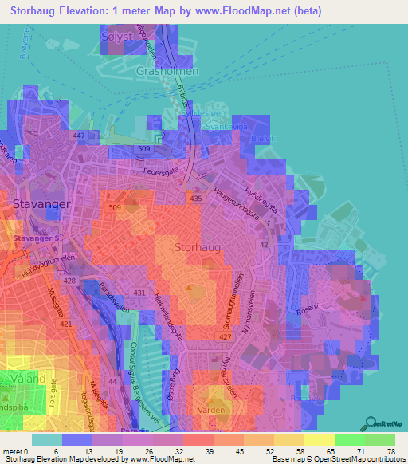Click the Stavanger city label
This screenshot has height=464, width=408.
coord(42,204)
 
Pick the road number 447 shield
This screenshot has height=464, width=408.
coord(79,137)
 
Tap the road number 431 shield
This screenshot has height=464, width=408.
coord(140,294)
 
